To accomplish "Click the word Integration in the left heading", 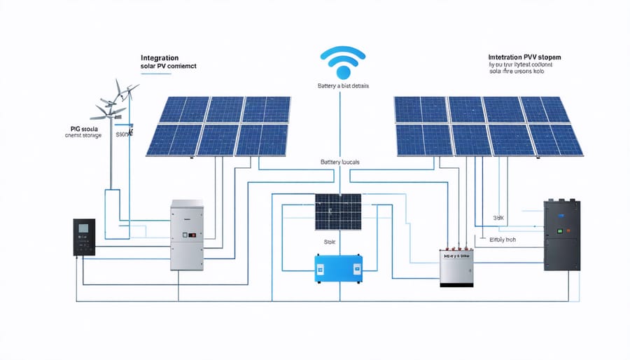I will coord(160,57).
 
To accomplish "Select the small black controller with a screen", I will coord(84,237).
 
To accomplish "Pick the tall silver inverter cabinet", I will coord(187,235).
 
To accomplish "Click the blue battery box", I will coord(338,268).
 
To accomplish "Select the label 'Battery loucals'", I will coord(340,162).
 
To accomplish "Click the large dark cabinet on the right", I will coord(561,235).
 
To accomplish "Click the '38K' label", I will coord(498,217).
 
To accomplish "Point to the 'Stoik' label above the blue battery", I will coord(329,242).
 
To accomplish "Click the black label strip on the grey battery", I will coord(458,257).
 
